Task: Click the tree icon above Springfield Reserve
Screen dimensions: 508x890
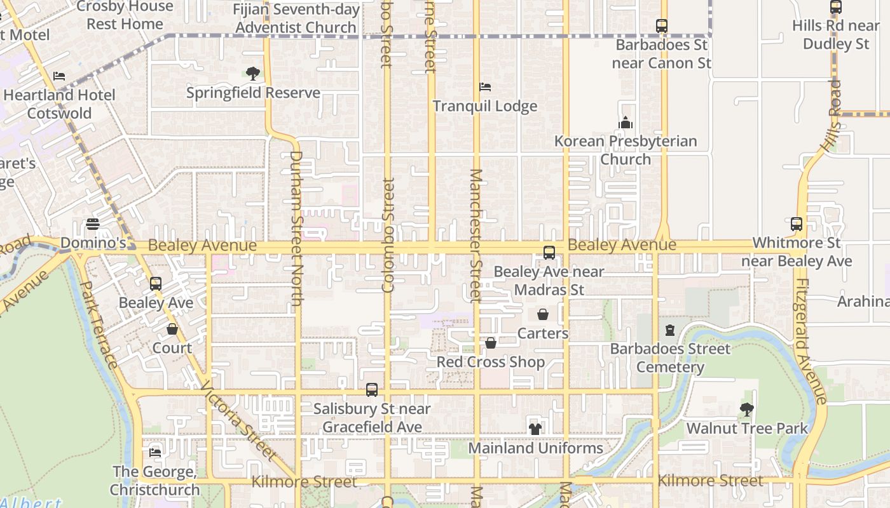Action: click(x=253, y=74)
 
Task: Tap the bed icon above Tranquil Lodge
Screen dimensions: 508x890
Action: click(x=485, y=86)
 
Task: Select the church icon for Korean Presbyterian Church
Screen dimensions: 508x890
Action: click(x=626, y=123)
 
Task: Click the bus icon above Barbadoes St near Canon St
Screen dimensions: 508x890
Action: click(x=662, y=26)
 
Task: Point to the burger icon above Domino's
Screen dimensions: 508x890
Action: click(x=93, y=224)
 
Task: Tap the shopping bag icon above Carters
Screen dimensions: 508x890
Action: click(x=543, y=314)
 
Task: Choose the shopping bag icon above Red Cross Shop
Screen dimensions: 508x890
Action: click(x=491, y=344)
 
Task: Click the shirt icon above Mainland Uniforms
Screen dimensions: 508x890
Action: click(x=535, y=429)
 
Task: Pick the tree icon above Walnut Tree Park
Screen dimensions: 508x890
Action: click(x=747, y=410)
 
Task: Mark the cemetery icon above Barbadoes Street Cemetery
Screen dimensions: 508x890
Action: click(x=670, y=330)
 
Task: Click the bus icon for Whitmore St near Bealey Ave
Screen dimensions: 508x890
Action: click(x=797, y=224)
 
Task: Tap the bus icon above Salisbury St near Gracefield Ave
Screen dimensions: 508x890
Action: click(x=372, y=389)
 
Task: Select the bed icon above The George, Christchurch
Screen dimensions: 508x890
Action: click(x=155, y=453)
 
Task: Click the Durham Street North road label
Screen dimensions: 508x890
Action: click(x=296, y=229)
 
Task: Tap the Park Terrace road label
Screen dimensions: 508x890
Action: click(x=101, y=331)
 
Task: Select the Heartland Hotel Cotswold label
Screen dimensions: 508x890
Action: click(x=60, y=104)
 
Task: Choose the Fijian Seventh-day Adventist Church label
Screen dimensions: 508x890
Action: click(x=296, y=18)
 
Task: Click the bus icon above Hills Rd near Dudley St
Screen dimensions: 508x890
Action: click(x=836, y=8)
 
